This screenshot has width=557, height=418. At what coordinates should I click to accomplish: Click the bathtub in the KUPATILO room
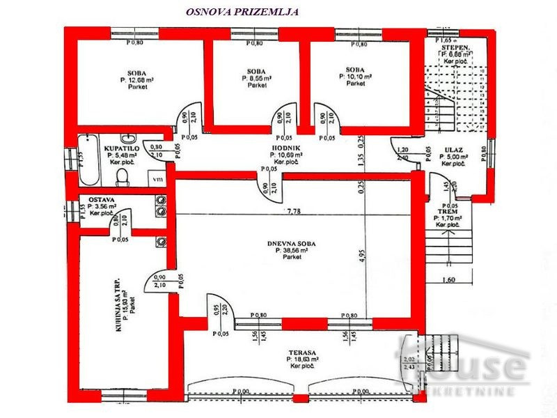[x=89, y=157]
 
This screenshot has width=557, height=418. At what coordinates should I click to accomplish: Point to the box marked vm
[x=158, y=178]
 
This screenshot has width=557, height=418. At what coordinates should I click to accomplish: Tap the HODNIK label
[x=285, y=149]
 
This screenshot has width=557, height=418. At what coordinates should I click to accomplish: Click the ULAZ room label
[x=450, y=149]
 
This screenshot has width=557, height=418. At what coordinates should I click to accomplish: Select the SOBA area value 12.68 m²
[x=136, y=81]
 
